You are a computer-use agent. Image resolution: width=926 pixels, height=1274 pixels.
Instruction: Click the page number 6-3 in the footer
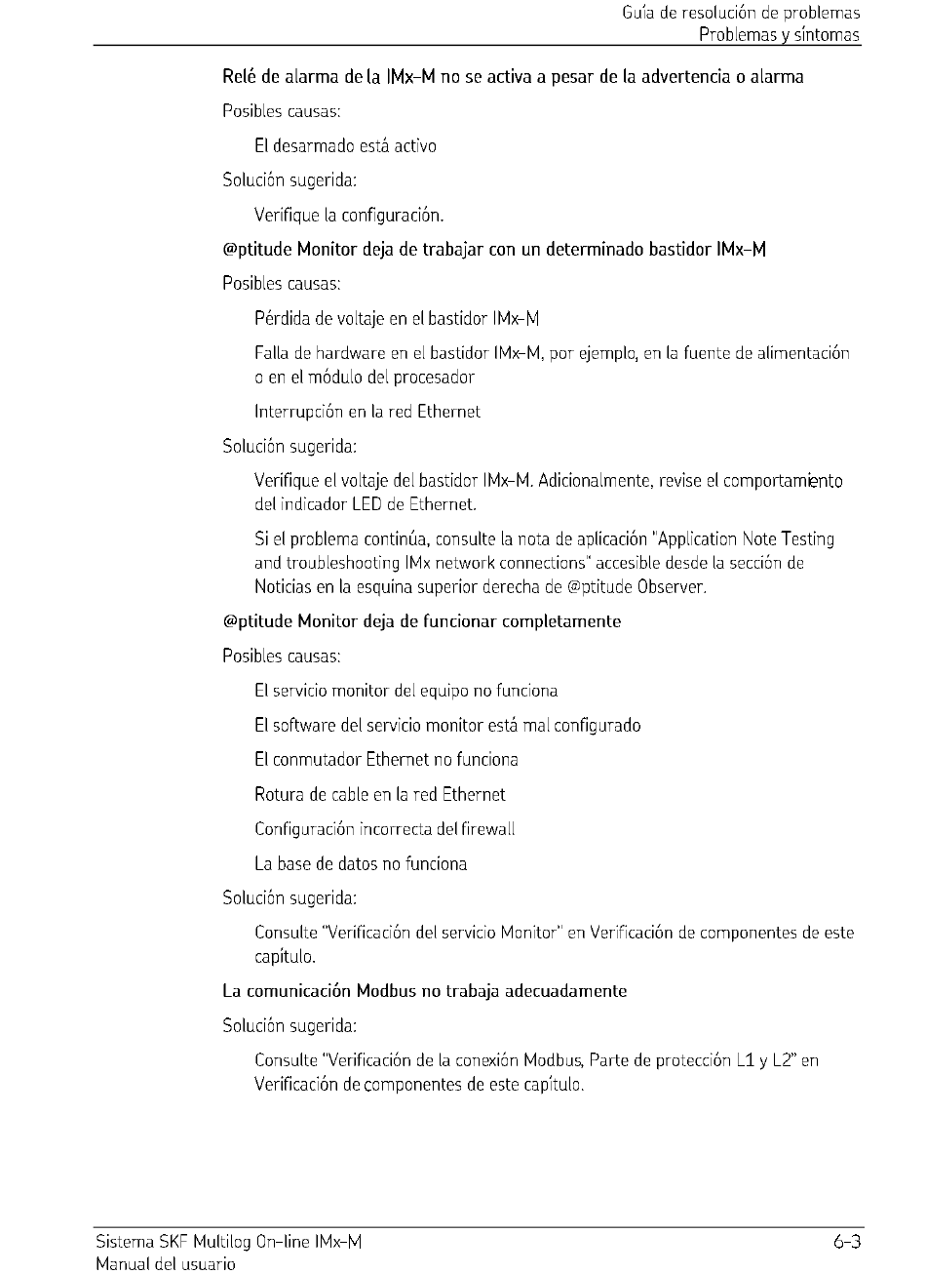tap(846, 1242)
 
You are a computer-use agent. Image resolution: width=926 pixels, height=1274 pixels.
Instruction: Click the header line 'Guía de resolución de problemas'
tap(741, 14)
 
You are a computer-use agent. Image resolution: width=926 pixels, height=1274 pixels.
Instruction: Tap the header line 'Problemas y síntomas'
tap(779, 35)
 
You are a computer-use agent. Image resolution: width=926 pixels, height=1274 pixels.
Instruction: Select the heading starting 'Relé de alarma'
tap(513, 76)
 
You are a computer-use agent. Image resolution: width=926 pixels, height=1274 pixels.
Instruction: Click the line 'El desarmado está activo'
tap(345, 145)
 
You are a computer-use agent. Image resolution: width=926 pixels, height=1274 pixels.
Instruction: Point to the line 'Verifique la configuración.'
tap(348, 215)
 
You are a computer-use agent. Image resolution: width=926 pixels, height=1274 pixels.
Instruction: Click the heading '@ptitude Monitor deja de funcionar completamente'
tap(421, 621)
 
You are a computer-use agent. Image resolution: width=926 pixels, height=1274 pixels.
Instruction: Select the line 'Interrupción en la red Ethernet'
tap(367, 412)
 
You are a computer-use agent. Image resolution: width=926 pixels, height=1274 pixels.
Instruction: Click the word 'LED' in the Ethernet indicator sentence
tap(366, 504)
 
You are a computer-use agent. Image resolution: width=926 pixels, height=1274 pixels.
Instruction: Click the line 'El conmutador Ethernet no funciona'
tap(386, 760)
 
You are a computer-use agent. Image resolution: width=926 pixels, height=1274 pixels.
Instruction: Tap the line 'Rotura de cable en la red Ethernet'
tap(379, 794)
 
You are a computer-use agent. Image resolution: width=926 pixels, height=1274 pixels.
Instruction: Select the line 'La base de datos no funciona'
tap(361, 863)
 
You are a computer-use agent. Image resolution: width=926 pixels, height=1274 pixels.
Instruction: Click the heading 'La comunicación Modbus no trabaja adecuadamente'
tap(424, 991)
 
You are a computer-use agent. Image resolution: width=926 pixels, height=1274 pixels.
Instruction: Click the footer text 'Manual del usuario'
tap(165, 1264)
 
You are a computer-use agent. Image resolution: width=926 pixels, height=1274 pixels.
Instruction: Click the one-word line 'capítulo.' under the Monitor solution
tap(285, 957)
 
